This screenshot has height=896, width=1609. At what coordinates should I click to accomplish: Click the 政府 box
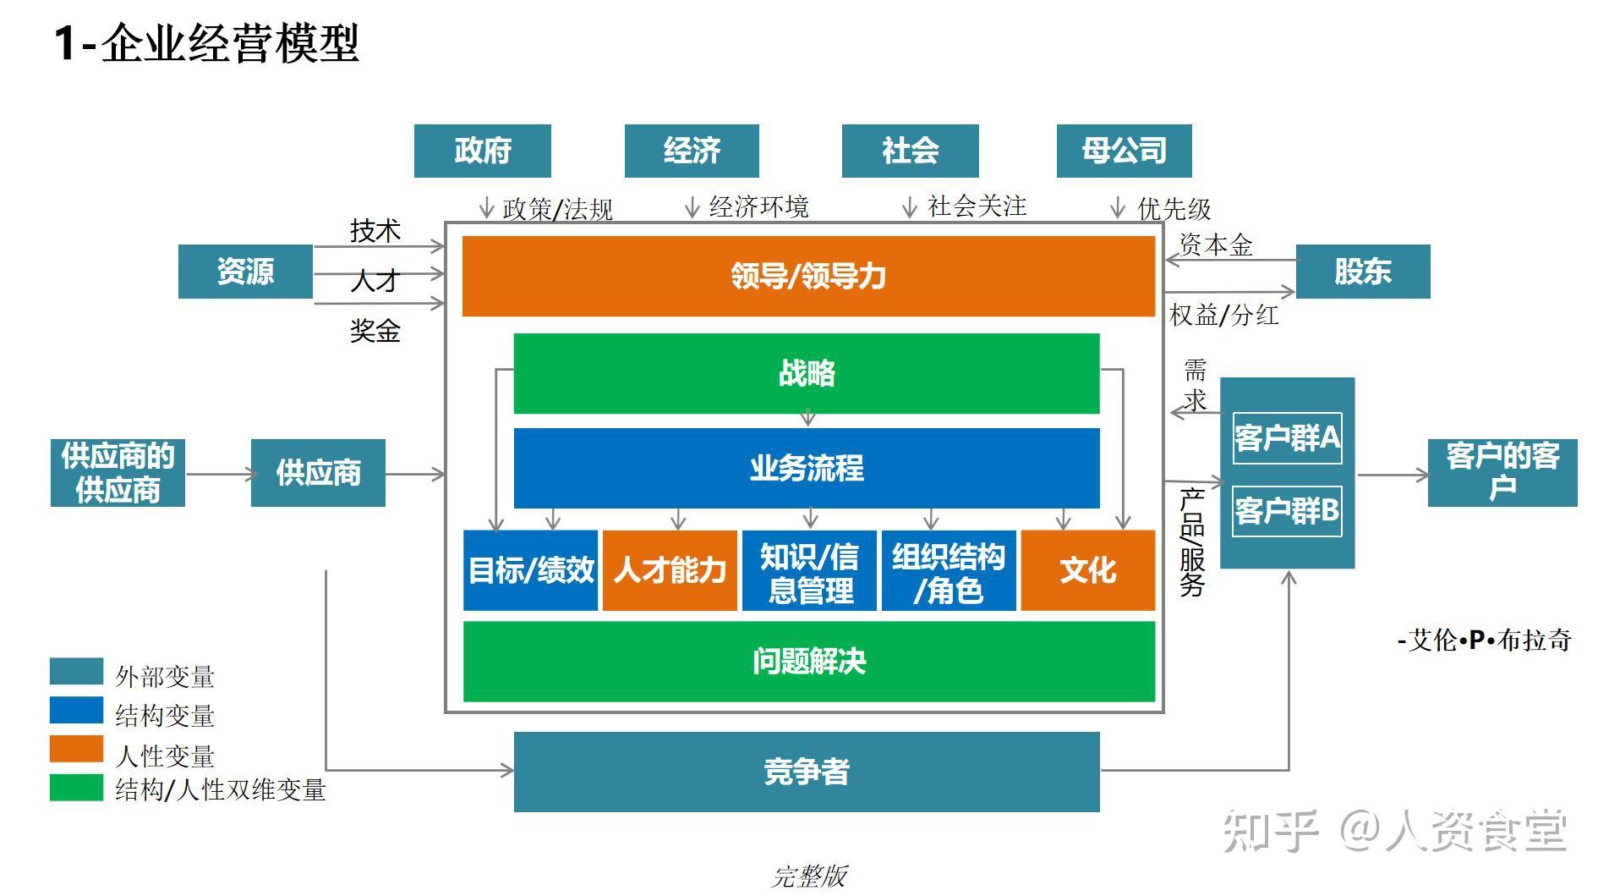click(482, 151)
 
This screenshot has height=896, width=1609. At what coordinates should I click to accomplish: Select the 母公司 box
click(1124, 151)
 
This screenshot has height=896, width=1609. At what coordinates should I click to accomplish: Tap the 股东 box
click(1362, 272)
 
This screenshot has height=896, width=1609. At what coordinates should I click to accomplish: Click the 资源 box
click(245, 272)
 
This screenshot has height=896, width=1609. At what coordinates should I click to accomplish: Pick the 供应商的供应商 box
click(118, 473)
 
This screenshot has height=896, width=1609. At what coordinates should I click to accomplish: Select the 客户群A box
click(1287, 437)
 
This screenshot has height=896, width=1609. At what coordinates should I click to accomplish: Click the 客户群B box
click(1287, 510)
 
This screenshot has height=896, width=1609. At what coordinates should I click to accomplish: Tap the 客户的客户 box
click(1502, 473)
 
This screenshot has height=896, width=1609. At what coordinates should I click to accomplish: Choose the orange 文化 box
click(1087, 570)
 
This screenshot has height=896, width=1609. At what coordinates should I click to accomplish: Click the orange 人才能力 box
click(670, 570)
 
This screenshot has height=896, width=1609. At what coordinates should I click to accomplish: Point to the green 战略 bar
click(806, 373)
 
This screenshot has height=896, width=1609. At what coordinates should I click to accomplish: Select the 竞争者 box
click(806, 772)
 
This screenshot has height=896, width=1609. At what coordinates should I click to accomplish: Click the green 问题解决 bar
click(808, 662)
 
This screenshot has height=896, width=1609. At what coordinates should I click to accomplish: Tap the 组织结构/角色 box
click(948, 570)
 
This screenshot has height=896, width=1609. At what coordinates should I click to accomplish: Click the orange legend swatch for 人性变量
click(76, 750)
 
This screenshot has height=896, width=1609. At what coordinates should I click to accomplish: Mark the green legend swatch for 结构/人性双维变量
click(76, 788)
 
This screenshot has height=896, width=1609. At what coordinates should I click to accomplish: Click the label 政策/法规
click(557, 209)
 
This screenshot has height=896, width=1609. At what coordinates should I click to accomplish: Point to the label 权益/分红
click(1223, 316)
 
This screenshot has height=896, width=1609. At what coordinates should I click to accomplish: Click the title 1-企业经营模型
click(207, 43)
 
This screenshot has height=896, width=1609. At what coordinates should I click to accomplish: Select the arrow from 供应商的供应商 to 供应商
click(218, 474)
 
